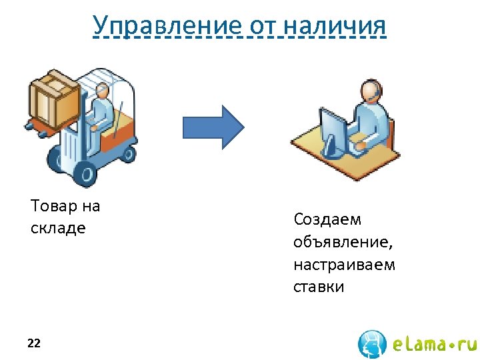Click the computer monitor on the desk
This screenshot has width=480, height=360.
(x=333, y=129)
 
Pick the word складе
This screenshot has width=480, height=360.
(x=58, y=228)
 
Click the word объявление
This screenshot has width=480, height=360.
(x=337, y=242)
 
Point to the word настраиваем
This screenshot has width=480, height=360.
(x=344, y=265)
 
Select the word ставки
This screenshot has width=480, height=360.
(x=319, y=287)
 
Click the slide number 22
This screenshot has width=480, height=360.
(x=34, y=343)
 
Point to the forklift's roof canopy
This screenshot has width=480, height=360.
(x=113, y=77)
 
